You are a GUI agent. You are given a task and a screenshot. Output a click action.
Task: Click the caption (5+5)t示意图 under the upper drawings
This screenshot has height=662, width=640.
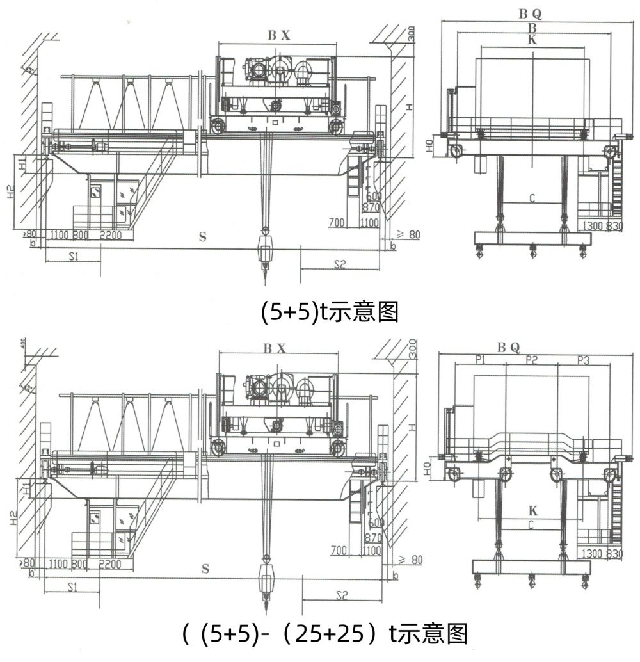[330, 312]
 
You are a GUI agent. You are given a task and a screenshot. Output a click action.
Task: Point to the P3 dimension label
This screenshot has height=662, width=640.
[583, 360]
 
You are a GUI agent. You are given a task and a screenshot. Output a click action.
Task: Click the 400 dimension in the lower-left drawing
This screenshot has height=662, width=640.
[23, 344]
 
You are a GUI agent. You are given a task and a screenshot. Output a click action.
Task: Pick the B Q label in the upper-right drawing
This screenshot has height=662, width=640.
[532, 13]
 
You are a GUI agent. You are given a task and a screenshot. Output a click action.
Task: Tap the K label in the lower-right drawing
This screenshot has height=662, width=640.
[532, 511]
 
